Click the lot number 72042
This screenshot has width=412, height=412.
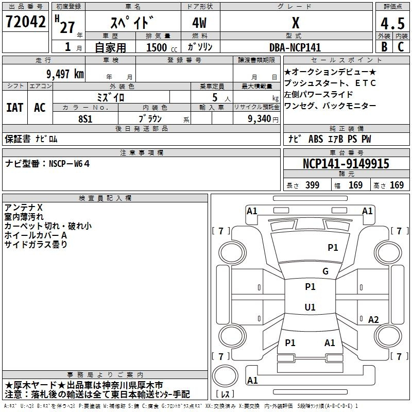pos(25,22)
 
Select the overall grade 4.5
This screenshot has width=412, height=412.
pos(392,23)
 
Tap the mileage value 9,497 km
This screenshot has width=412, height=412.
pos(65,74)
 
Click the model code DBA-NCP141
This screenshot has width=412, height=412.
pos(295,47)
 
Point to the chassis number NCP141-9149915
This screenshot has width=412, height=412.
pos(346,164)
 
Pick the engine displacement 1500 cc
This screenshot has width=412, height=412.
pos(162,47)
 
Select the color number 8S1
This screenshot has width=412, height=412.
pos(85,119)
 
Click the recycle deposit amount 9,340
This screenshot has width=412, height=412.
pos(260,118)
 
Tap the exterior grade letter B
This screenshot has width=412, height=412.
pos(384,47)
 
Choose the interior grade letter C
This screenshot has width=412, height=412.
pos(401,47)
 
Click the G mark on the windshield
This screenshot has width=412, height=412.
pos(325,271)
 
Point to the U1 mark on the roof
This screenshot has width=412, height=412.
pos(310,307)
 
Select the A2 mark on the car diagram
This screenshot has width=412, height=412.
pos(373,319)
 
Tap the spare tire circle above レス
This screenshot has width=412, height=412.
pos(225,376)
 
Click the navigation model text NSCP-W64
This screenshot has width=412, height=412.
pos(70,164)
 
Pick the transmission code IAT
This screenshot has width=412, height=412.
pos(14,108)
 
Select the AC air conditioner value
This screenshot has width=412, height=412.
pos(40,108)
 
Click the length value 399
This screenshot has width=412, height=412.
pos(312,185)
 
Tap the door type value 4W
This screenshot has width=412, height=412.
pos(199,23)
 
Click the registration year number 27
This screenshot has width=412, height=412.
pos(67,27)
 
